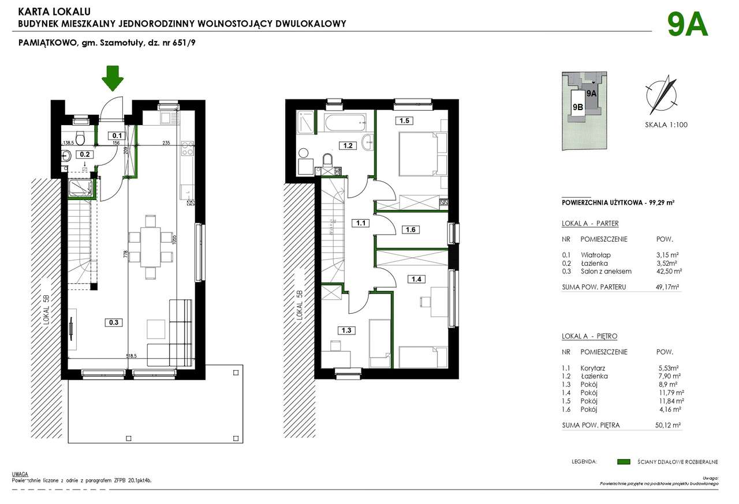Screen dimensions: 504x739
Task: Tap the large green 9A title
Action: pos(687,25)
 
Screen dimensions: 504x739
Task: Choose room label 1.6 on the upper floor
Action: pos(410,230)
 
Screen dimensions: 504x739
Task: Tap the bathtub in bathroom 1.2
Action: pos(345,122)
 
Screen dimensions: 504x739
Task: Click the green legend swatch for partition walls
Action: pos(623,462)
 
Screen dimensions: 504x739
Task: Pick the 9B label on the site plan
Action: pos(577,107)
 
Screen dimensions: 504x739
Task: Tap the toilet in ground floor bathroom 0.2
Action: pos(81,138)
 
